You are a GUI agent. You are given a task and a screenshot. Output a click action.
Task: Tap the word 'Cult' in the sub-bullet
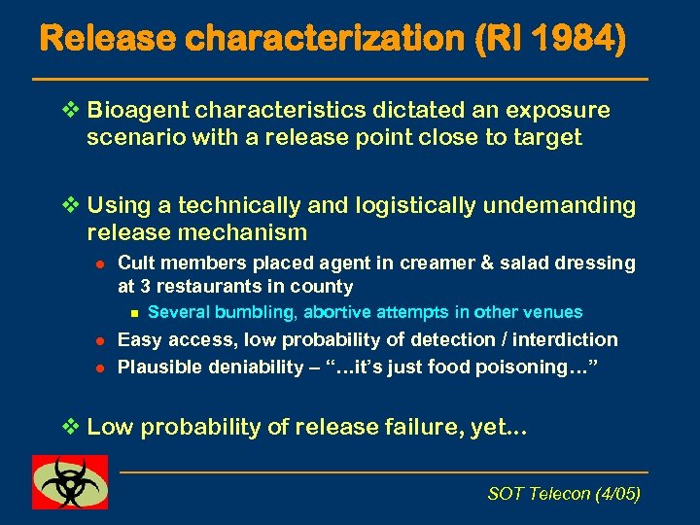(134, 263)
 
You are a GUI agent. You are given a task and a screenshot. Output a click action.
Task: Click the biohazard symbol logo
(70, 481)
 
